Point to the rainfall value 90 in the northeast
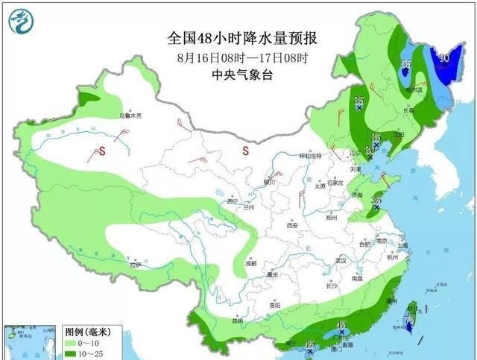[x=444, y=57]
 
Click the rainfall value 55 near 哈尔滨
[x=406, y=65]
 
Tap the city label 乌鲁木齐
[x=130, y=116]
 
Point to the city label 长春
[x=408, y=111]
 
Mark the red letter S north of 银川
[x=244, y=151]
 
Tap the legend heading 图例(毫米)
[x=83, y=331]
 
